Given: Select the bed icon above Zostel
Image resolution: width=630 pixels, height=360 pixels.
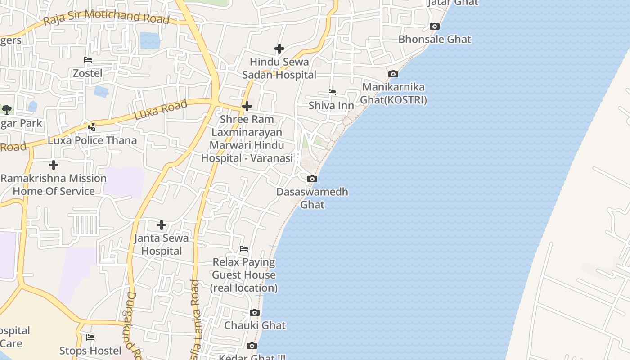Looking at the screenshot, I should [x=88, y=60].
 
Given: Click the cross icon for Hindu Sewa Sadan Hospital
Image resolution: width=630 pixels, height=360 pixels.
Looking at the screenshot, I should [x=279, y=49].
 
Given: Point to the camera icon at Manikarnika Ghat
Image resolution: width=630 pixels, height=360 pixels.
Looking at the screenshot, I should [x=393, y=74].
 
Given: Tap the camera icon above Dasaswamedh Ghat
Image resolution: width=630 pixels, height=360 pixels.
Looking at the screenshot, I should [x=312, y=179].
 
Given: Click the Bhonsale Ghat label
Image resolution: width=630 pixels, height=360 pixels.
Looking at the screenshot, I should [x=435, y=39].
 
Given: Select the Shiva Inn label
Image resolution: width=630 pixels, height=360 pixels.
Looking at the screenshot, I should [x=331, y=105].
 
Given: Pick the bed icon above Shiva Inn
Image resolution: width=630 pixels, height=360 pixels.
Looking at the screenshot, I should [x=332, y=92].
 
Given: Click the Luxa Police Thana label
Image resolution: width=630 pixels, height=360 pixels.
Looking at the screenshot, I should [x=92, y=140].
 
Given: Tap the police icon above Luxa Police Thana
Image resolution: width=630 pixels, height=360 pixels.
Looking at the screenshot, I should [x=92, y=127].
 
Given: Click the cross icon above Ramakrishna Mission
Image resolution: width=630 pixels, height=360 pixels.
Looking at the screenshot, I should [x=54, y=165].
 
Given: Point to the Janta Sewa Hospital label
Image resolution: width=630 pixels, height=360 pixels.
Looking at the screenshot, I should [x=162, y=244].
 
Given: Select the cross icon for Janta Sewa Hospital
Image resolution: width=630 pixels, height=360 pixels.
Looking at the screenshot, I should [x=162, y=225].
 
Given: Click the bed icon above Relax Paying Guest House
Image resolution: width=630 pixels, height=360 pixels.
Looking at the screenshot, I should [x=244, y=248].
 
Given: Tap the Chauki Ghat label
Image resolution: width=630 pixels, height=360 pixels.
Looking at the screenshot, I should [x=255, y=325].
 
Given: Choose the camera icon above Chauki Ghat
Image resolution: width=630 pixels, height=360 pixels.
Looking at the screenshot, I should [x=255, y=312].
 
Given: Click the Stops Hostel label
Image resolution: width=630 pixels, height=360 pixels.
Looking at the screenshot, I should [x=90, y=351].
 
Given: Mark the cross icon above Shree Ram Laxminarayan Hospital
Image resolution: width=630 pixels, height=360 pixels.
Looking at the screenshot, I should [x=247, y=106].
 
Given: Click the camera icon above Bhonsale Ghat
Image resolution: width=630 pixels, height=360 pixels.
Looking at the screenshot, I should [x=435, y=26].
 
